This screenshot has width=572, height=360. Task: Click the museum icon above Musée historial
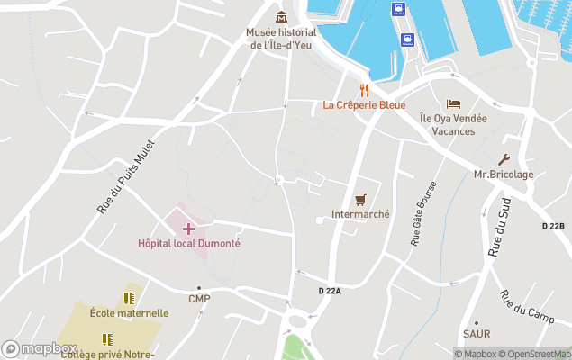click(x=282, y=16)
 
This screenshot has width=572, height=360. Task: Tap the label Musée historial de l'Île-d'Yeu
click(x=281, y=39)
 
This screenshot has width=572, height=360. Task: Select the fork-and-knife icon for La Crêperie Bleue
click(x=364, y=90)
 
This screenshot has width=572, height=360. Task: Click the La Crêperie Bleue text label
click(x=364, y=105)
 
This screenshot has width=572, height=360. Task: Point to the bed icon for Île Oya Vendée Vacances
click(x=453, y=103)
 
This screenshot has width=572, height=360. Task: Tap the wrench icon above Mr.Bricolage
click(x=504, y=159)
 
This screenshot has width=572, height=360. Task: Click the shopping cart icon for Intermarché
click(x=360, y=200)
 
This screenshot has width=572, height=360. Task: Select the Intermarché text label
click(x=360, y=214)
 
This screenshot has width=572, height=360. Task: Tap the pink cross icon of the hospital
click(x=188, y=229)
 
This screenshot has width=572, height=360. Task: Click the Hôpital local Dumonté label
click(x=188, y=243)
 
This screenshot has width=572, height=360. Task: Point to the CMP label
click(x=199, y=299)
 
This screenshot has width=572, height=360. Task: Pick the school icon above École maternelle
click(x=129, y=298)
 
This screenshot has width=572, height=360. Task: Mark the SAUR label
click(x=476, y=334)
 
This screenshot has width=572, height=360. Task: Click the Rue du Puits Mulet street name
click(x=126, y=175)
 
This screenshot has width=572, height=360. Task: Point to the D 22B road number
click(x=553, y=225)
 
